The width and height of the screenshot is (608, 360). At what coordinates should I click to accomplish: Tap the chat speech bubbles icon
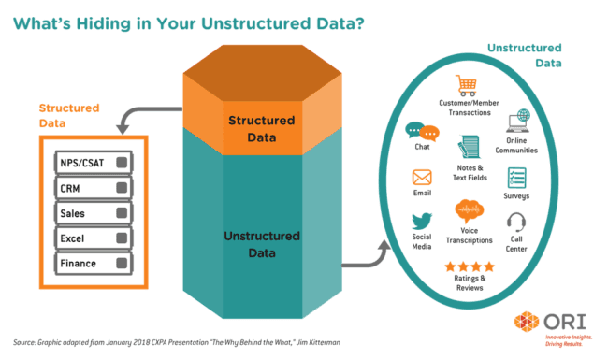422,133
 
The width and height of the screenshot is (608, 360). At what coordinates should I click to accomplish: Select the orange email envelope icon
421,177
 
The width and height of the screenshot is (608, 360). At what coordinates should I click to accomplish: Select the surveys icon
515,178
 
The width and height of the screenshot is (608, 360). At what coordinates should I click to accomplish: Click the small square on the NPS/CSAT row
122,163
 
